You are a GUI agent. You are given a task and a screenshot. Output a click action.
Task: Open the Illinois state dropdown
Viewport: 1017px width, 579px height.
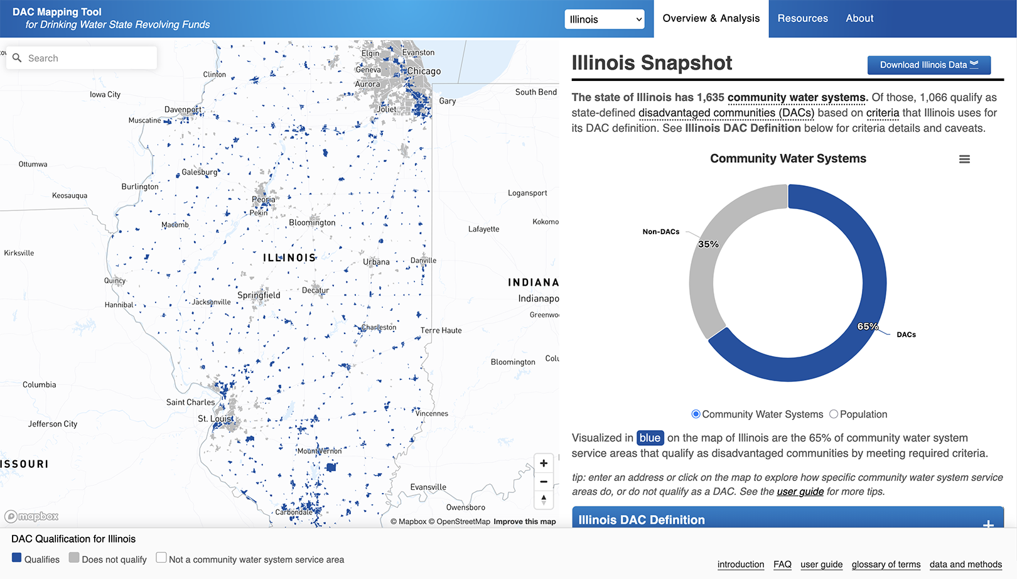(x=605, y=19)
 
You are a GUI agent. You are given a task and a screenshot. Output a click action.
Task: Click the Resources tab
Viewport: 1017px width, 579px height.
(x=802, y=18)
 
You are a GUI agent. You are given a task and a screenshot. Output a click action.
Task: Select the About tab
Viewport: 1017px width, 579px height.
(x=859, y=18)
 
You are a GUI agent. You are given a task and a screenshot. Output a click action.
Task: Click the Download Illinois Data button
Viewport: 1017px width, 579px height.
(x=928, y=65)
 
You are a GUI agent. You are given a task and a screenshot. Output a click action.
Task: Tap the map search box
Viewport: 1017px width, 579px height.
(x=88, y=58)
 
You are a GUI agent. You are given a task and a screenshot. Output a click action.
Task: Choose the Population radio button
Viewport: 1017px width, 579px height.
(x=834, y=414)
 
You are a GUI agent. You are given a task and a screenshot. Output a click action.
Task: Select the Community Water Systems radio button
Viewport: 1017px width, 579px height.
(x=696, y=414)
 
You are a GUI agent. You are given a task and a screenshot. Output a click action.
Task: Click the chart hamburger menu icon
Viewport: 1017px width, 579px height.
(x=964, y=160)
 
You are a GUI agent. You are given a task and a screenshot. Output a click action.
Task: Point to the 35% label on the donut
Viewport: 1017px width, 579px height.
(x=708, y=244)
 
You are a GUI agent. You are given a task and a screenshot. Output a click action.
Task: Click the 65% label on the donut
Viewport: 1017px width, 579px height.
(x=868, y=327)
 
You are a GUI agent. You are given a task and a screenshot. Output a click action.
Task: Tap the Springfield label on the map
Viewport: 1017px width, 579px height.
(x=259, y=295)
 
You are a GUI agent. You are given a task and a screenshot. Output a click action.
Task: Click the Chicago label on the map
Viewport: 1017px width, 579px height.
(x=424, y=72)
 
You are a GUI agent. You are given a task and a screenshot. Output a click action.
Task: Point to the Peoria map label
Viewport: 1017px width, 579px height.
(x=263, y=200)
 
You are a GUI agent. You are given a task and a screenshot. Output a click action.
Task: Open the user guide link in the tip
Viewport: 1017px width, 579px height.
(x=800, y=492)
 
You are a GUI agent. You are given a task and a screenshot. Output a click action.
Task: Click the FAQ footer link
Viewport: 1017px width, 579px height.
(x=782, y=565)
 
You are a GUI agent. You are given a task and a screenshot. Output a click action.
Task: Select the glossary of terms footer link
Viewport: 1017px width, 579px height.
(x=886, y=565)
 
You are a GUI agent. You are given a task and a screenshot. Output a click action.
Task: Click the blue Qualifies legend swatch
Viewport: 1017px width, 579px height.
(x=17, y=558)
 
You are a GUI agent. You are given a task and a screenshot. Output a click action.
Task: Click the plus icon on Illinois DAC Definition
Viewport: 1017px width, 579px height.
(x=988, y=524)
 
